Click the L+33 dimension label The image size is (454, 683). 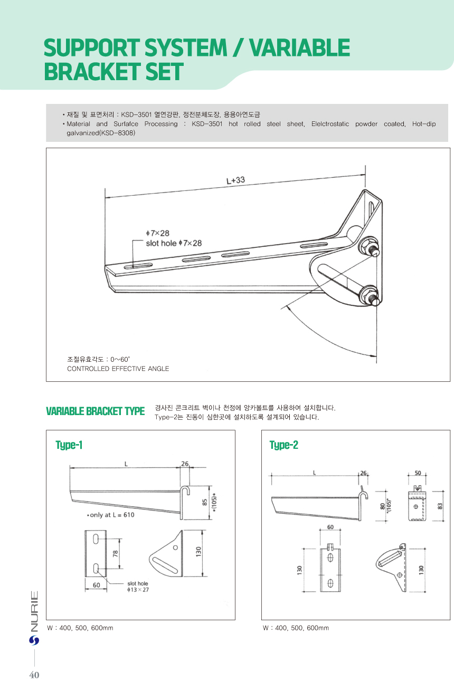coord(236,180)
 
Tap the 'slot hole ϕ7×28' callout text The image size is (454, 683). coord(174,243)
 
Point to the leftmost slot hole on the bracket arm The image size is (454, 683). coord(138,266)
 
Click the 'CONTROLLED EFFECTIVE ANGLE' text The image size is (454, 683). coord(118,369)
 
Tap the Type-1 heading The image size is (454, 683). coord(69,445)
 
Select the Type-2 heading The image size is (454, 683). coord(283,445)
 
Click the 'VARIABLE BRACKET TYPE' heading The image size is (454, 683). coord(95,411)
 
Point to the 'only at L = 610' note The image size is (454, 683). coord(111,515)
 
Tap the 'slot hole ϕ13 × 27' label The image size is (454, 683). coord(138,587)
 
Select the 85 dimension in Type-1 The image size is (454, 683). coord(205,503)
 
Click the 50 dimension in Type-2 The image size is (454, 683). coord(418,473)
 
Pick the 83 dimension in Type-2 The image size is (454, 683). coord(440,505)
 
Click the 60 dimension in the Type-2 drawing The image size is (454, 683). coord(330,527)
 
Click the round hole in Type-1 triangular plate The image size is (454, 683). coord(175,547)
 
